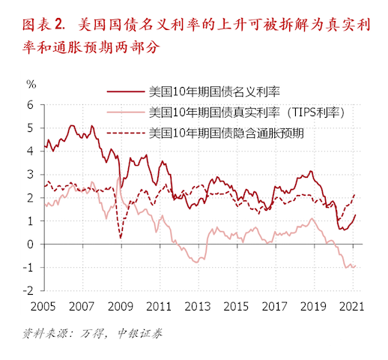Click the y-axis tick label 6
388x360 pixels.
(31, 105)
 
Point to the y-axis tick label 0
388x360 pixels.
(31, 244)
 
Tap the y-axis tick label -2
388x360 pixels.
(28, 291)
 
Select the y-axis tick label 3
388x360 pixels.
(31, 175)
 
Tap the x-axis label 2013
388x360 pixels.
(197, 306)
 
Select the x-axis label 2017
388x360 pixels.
(275, 306)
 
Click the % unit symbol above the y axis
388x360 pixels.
(31, 83)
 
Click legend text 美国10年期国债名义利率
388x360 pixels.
(214, 93)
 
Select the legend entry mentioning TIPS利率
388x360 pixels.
(246, 113)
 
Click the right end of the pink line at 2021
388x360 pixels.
(354, 265)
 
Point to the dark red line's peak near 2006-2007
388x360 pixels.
(71, 125)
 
